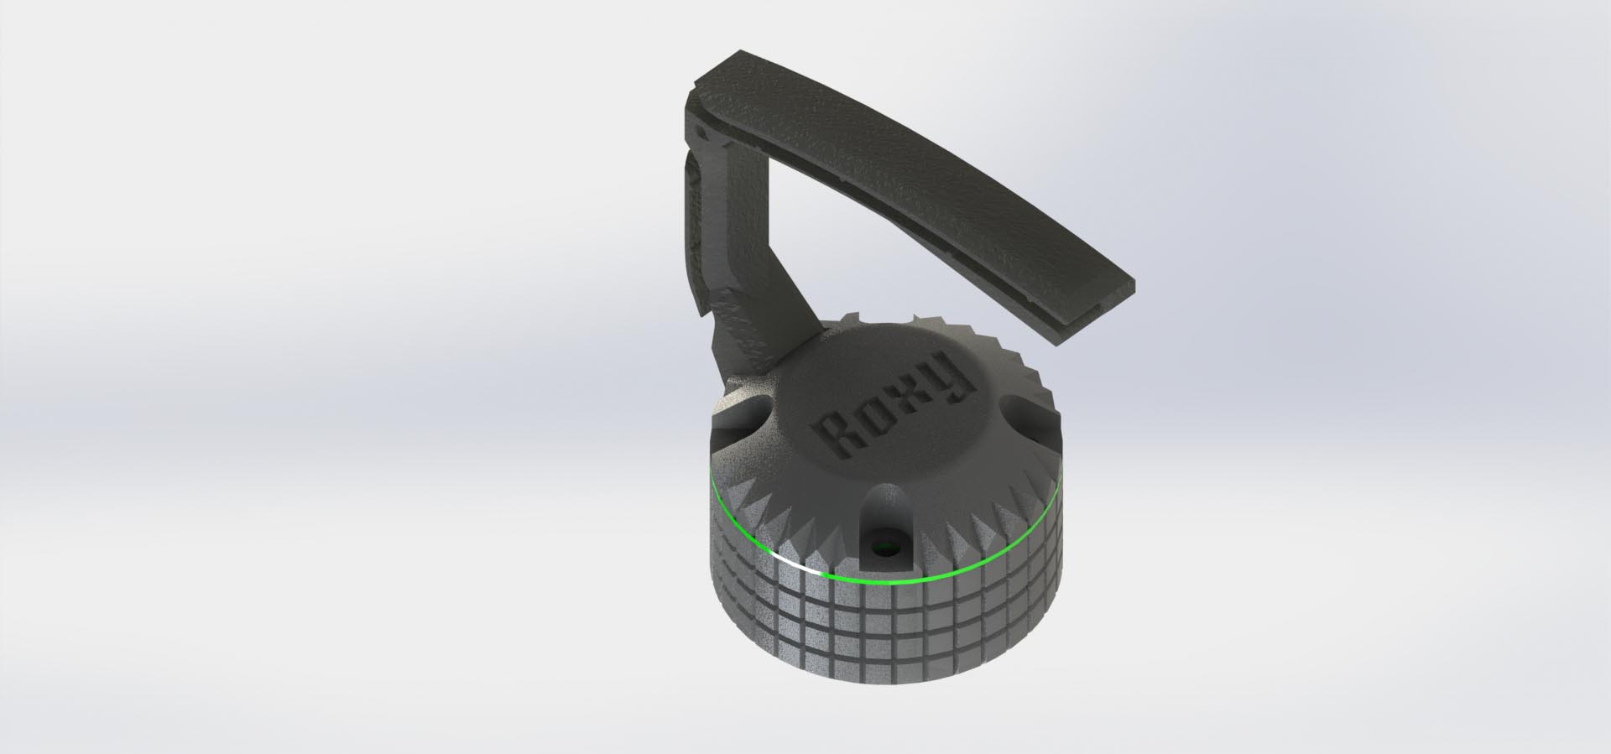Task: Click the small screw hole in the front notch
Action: click(x=883, y=551)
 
